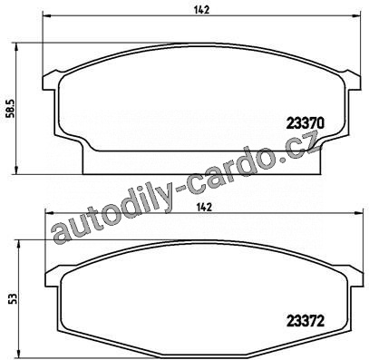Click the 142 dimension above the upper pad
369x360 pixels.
[x=202, y=10]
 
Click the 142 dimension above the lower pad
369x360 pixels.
[x=204, y=208]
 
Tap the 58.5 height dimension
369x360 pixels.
[x=10, y=109]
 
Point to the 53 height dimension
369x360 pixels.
[x=13, y=298]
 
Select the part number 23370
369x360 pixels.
[x=306, y=123]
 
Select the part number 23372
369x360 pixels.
[x=306, y=321]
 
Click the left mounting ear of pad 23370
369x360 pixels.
[x=51, y=81]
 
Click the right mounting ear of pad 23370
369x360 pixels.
[x=353, y=80]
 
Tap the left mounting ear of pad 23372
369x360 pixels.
[x=53, y=277]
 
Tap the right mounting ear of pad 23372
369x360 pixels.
[x=354, y=276]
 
